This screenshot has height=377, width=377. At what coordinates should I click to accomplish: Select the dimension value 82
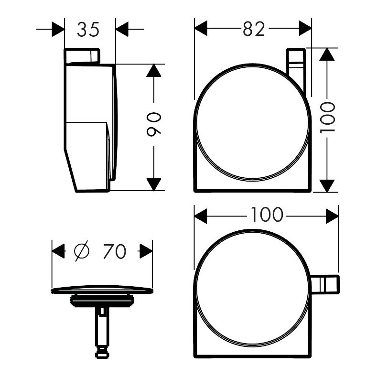(253, 29)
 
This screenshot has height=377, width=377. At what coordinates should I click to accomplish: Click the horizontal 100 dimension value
(266, 215)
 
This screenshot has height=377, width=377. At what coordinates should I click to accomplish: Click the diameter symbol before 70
(82, 251)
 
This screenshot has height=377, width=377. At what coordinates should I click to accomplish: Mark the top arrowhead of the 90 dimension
(153, 70)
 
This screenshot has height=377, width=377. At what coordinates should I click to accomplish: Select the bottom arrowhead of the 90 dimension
(153, 184)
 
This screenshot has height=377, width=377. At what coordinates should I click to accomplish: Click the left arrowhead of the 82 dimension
(201, 29)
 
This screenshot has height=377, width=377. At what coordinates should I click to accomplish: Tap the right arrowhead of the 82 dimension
(305, 29)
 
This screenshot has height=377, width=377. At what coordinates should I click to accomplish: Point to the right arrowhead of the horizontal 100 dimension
(332, 215)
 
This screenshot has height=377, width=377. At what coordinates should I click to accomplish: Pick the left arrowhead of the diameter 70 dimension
(58, 251)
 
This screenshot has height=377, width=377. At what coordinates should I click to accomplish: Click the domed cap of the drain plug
(102, 289)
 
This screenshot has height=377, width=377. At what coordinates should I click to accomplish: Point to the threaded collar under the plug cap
(102, 301)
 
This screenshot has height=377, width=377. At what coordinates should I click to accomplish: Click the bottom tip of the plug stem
(101, 354)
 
